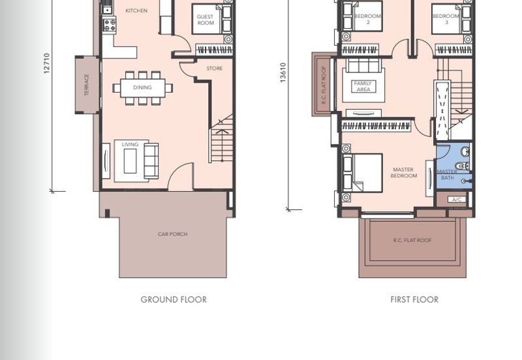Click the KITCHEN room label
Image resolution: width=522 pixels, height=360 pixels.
[x=136, y=10]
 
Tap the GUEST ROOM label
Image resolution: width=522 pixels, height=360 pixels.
[x=206, y=20]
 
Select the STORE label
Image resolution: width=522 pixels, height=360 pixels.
[x=215, y=68]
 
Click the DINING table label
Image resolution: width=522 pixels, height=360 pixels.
[x=142, y=87]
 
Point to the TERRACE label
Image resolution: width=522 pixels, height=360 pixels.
[x=87, y=85]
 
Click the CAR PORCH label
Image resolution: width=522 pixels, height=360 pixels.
[x=172, y=234]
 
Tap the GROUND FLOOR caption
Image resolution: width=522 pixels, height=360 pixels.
[x=174, y=299]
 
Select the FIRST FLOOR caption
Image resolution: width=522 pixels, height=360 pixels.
[x=414, y=299]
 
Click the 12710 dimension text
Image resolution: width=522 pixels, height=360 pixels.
[x=46, y=63]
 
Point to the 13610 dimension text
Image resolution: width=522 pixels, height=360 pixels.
[x=283, y=72]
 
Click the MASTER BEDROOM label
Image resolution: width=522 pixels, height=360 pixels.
[x=403, y=173]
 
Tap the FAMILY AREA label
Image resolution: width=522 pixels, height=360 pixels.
[x=363, y=86]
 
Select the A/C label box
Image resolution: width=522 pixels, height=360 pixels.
[x=457, y=200]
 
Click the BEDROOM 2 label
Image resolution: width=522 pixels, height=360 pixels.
[x=368, y=19]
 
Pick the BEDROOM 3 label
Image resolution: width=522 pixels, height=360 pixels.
[x=446, y=19]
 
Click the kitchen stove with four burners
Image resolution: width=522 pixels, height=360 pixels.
[x=110, y=25]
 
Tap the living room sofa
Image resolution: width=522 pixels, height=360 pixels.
[x=151, y=161]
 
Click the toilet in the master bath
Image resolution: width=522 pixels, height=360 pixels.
[x=462, y=166]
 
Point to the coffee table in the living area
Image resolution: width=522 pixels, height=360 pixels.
[x=130, y=161]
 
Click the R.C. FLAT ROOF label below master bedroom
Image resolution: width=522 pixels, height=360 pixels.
[x=412, y=240]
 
